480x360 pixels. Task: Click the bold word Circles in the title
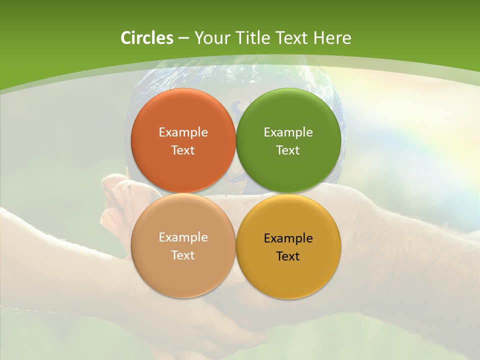point(147,38)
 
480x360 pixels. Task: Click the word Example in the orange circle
point(183,132)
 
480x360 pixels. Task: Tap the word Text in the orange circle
point(183,150)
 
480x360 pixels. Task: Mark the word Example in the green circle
point(288,132)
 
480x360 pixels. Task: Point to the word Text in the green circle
point(288,150)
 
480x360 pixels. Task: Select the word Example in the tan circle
point(183,237)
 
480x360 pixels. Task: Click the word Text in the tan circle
point(183,255)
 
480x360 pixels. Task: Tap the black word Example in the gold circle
point(288,238)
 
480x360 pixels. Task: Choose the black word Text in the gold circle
point(288,256)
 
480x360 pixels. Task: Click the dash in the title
point(183,38)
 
